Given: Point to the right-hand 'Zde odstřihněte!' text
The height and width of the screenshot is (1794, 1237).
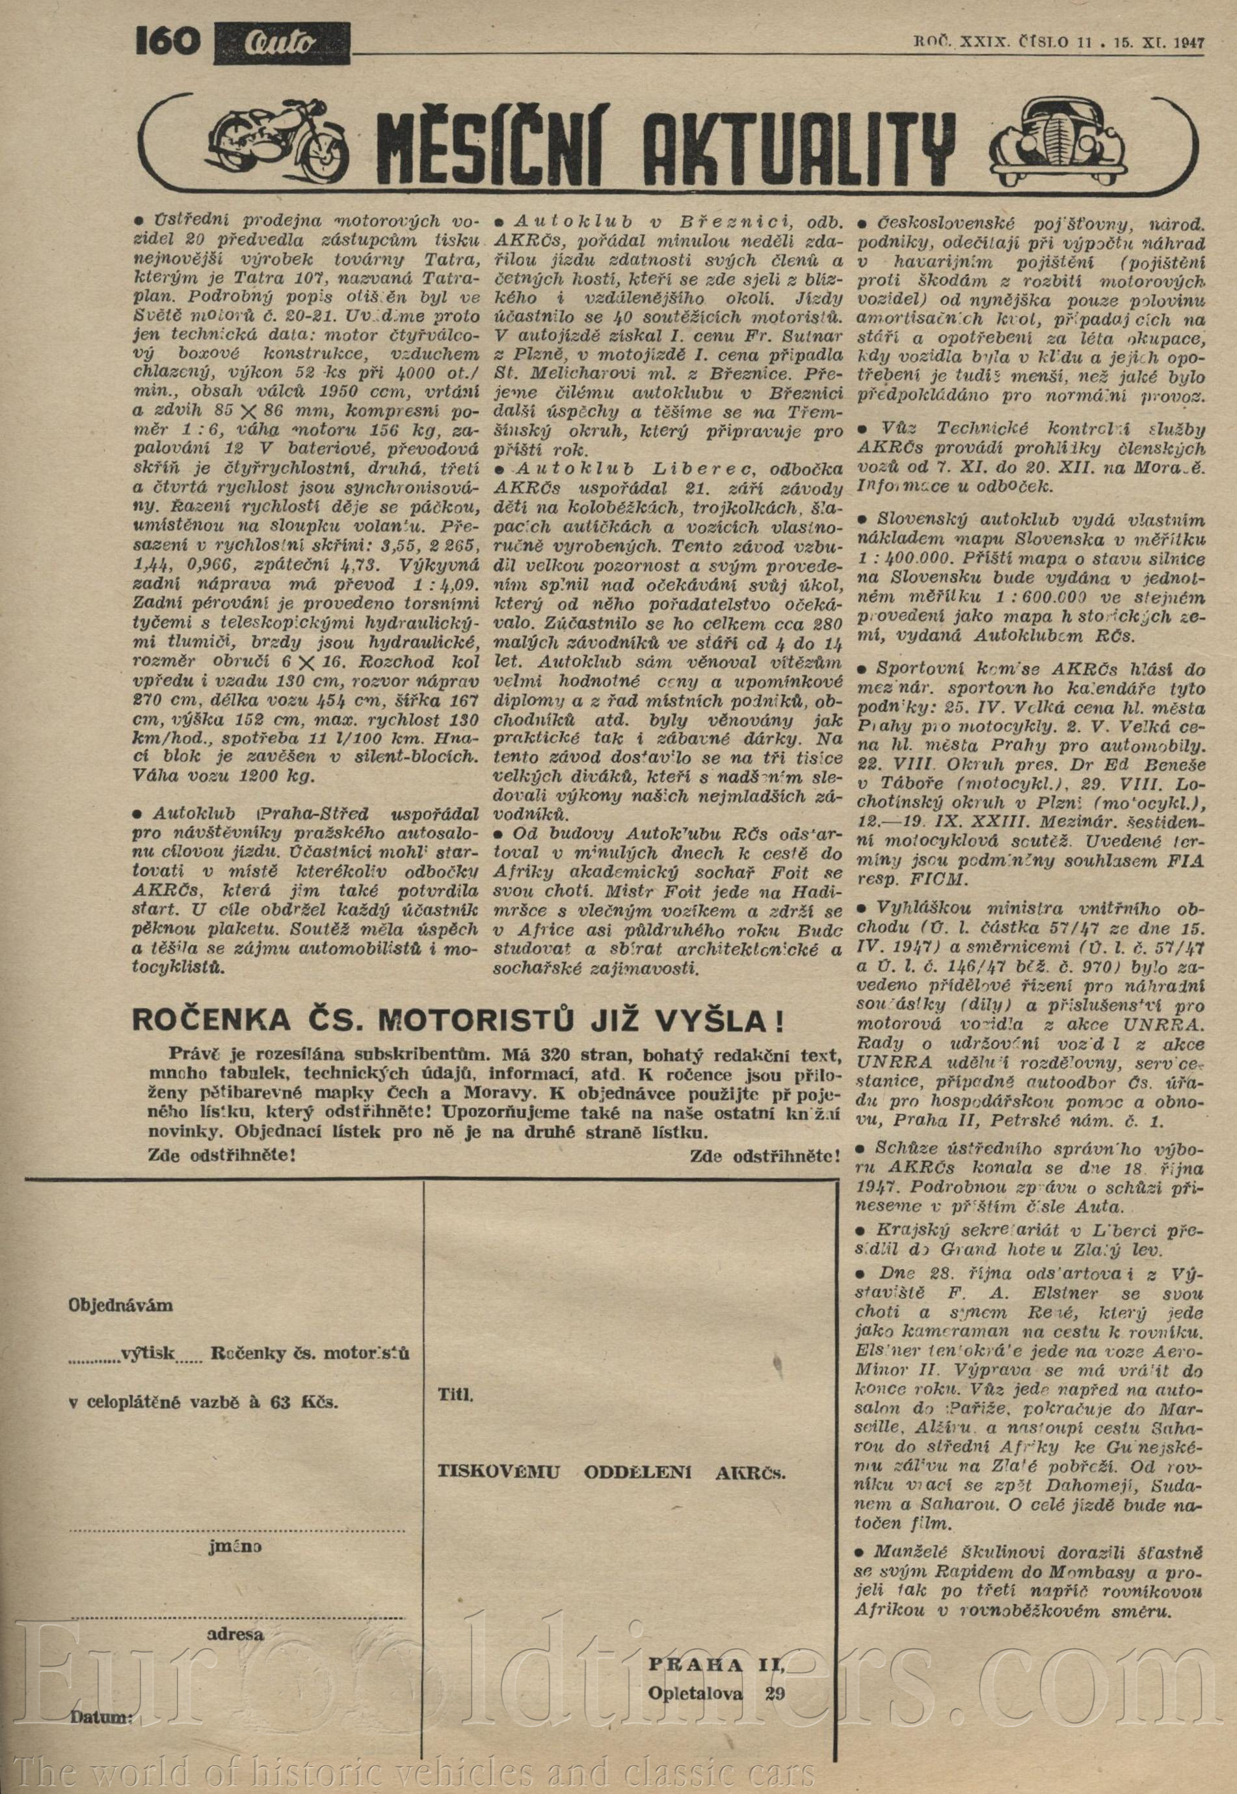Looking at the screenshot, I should tap(764, 1157).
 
